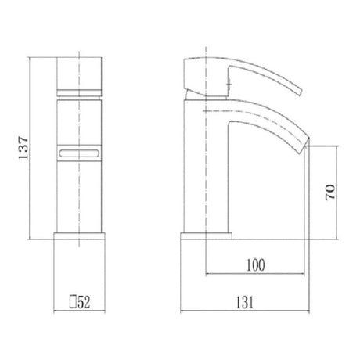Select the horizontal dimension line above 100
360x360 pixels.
pos(256,275)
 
